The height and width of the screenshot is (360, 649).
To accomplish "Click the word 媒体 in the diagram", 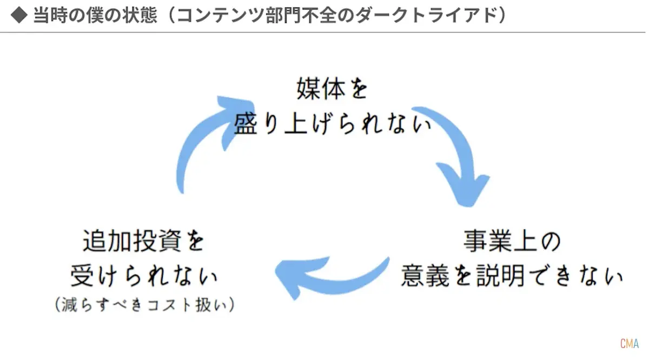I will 316,90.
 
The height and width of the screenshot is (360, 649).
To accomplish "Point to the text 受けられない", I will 144,276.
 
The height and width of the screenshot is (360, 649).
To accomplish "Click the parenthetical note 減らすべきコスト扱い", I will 144,305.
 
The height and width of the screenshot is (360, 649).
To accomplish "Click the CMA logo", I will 630,344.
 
